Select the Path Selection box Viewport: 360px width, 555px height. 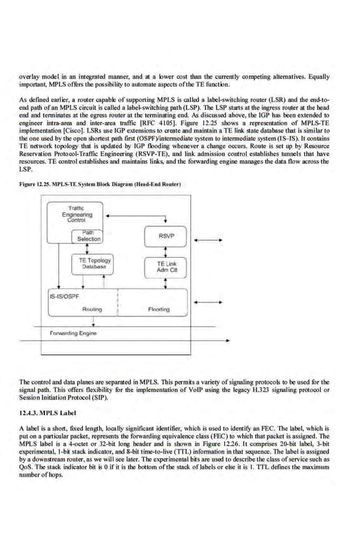click(x=90, y=236)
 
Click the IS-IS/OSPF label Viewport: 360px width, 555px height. click(x=64, y=295)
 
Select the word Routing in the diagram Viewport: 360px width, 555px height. click(x=92, y=309)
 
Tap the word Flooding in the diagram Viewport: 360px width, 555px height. click(x=159, y=309)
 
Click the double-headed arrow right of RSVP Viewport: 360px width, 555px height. click(x=213, y=240)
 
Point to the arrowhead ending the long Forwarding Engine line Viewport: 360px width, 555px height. click(x=227, y=341)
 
